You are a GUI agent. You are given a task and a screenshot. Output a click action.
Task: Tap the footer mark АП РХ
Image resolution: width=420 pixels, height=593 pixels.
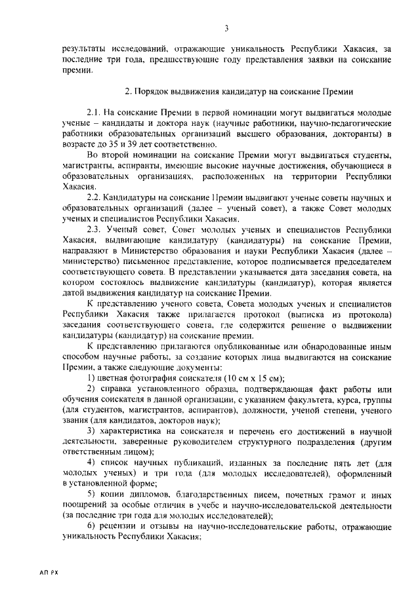(49, 573)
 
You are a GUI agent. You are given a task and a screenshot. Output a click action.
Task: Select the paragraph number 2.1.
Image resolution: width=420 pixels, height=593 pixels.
(96, 114)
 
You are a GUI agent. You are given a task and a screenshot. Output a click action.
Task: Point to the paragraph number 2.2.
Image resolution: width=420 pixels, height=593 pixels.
(96, 197)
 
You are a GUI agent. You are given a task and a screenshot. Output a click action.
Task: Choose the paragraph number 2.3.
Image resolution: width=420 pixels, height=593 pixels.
(96, 229)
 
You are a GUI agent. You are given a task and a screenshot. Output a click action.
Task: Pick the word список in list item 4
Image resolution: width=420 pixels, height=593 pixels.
(117, 463)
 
